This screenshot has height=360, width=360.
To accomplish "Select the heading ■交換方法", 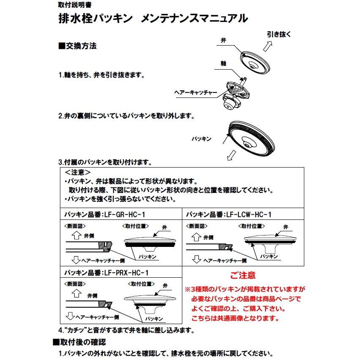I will click(78, 46).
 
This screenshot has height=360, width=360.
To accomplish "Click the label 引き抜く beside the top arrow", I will click(279, 35).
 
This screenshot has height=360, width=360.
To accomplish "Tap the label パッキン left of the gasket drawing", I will click(201, 138).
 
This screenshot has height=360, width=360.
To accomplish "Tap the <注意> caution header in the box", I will click(78, 173).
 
